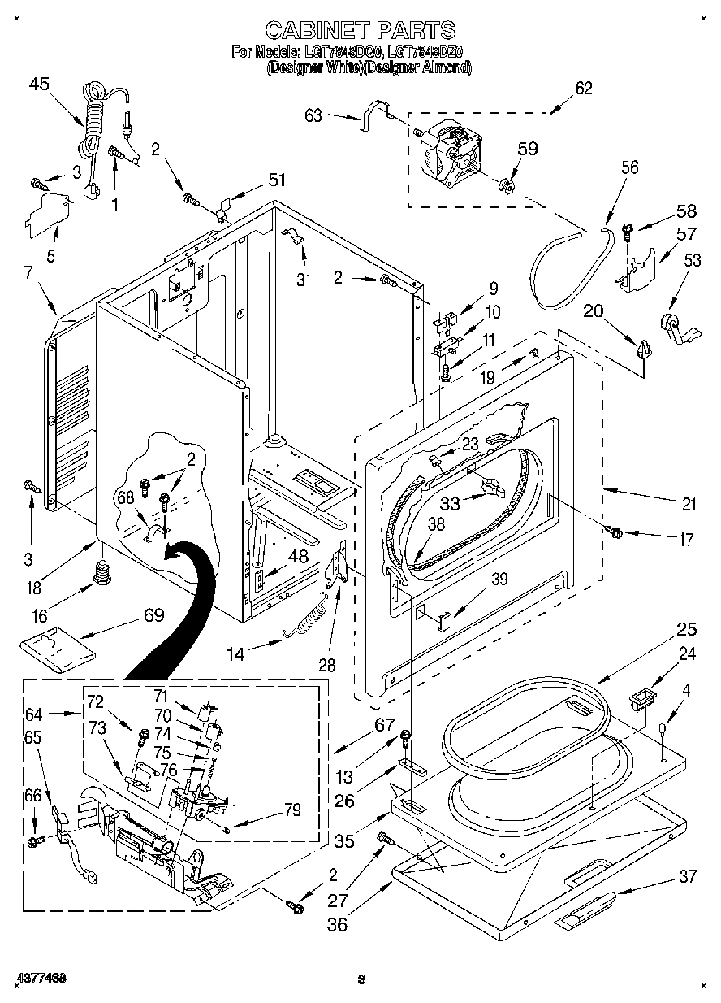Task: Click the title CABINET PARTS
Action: [x=360, y=30]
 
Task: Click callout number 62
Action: [x=583, y=89]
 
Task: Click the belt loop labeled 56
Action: [x=568, y=268]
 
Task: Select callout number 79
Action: [x=291, y=810]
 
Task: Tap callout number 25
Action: [x=687, y=629]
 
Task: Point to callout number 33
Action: [x=449, y=503]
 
